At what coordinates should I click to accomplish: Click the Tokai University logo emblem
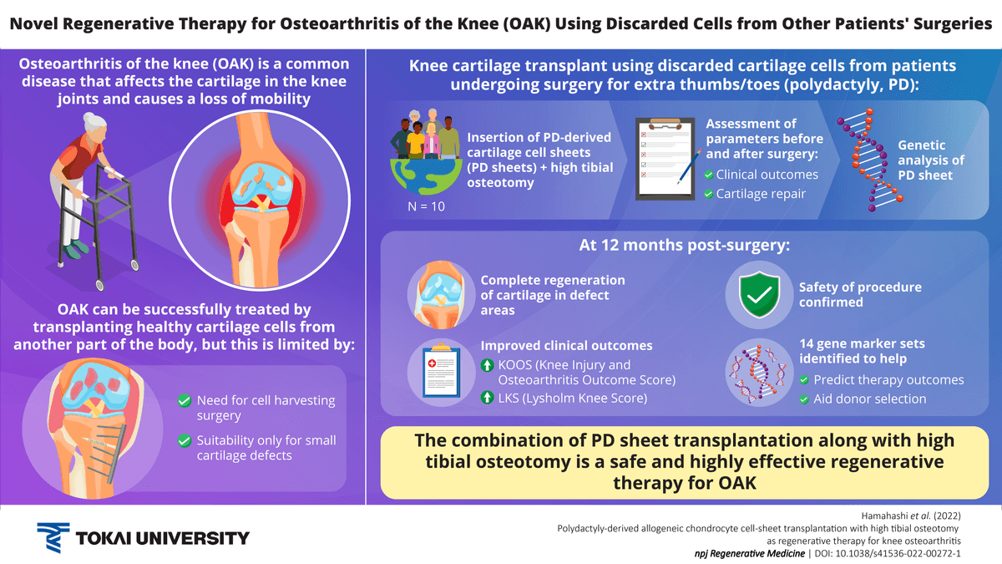tap(54, 537)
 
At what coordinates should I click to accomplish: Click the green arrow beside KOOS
tap(488, 365)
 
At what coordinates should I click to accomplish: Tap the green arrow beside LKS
tap(488, 399)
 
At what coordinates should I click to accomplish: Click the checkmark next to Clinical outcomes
tap(708, 175)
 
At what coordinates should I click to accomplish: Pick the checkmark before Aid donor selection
tap(805, 399)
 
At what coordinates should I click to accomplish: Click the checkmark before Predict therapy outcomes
tap(805, 380)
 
